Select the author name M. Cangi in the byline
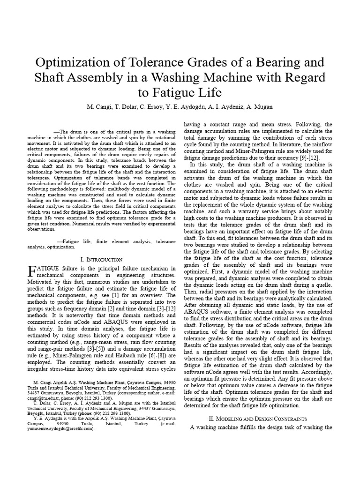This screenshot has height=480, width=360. [102, 107]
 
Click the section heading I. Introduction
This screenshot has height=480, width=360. [102, 259]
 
